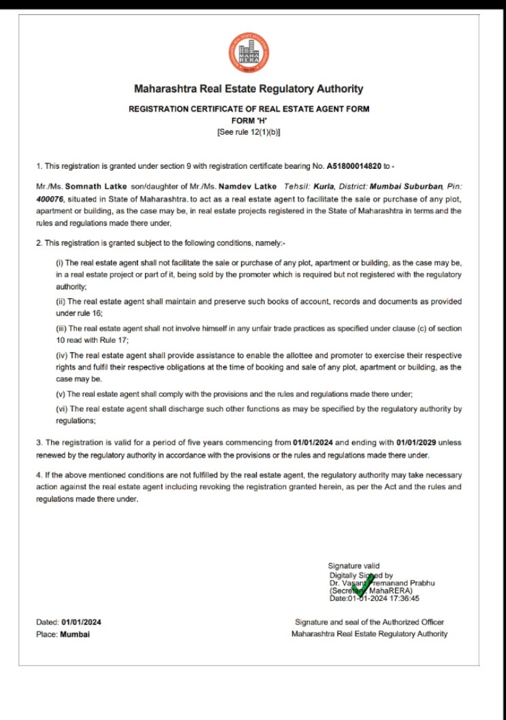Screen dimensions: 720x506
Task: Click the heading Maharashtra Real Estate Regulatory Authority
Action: pos(249,89)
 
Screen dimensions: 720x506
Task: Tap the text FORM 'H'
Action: pos(248,121)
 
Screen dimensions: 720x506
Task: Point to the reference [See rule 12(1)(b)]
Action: pos(249,132)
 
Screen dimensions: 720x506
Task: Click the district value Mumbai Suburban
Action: pos(407,185)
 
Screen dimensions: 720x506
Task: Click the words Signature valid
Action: pos(354,565)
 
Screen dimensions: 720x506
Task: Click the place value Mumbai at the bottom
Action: pos(75,634)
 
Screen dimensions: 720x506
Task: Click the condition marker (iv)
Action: pos(61,356)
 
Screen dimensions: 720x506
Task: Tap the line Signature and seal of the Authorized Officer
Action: pos(369,622)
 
